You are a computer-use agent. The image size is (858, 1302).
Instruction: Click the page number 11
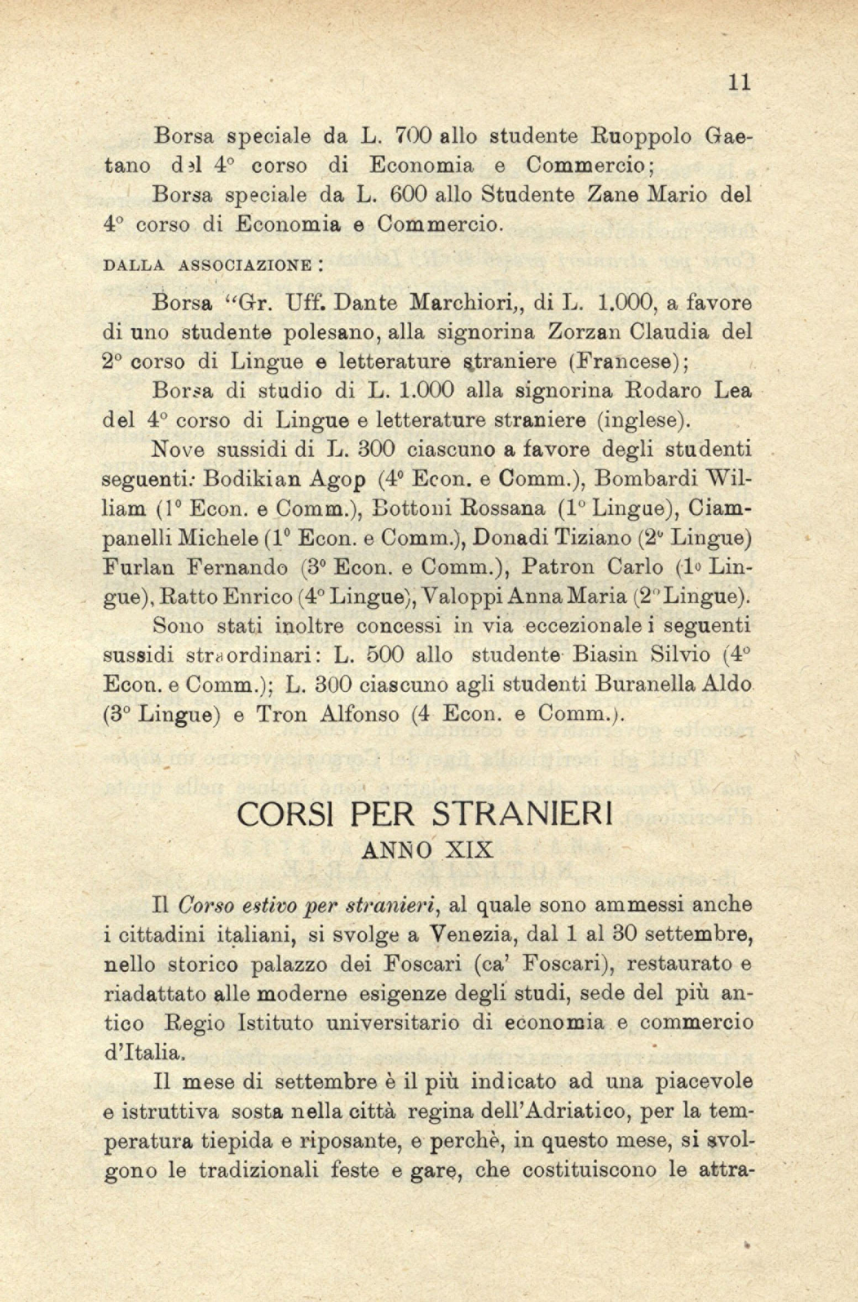(738, 82)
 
